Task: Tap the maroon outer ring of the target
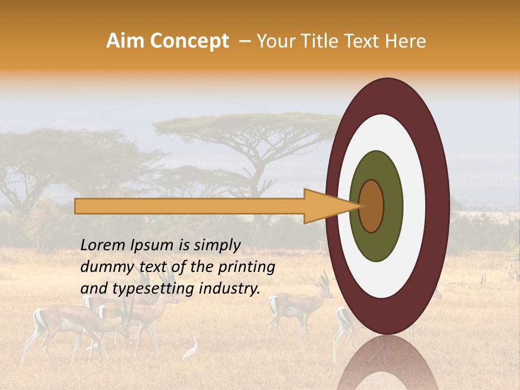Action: click(x=436, y=206)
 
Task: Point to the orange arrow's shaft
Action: click(x=190, y=206)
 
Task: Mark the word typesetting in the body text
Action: click(x=144, y=289)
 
